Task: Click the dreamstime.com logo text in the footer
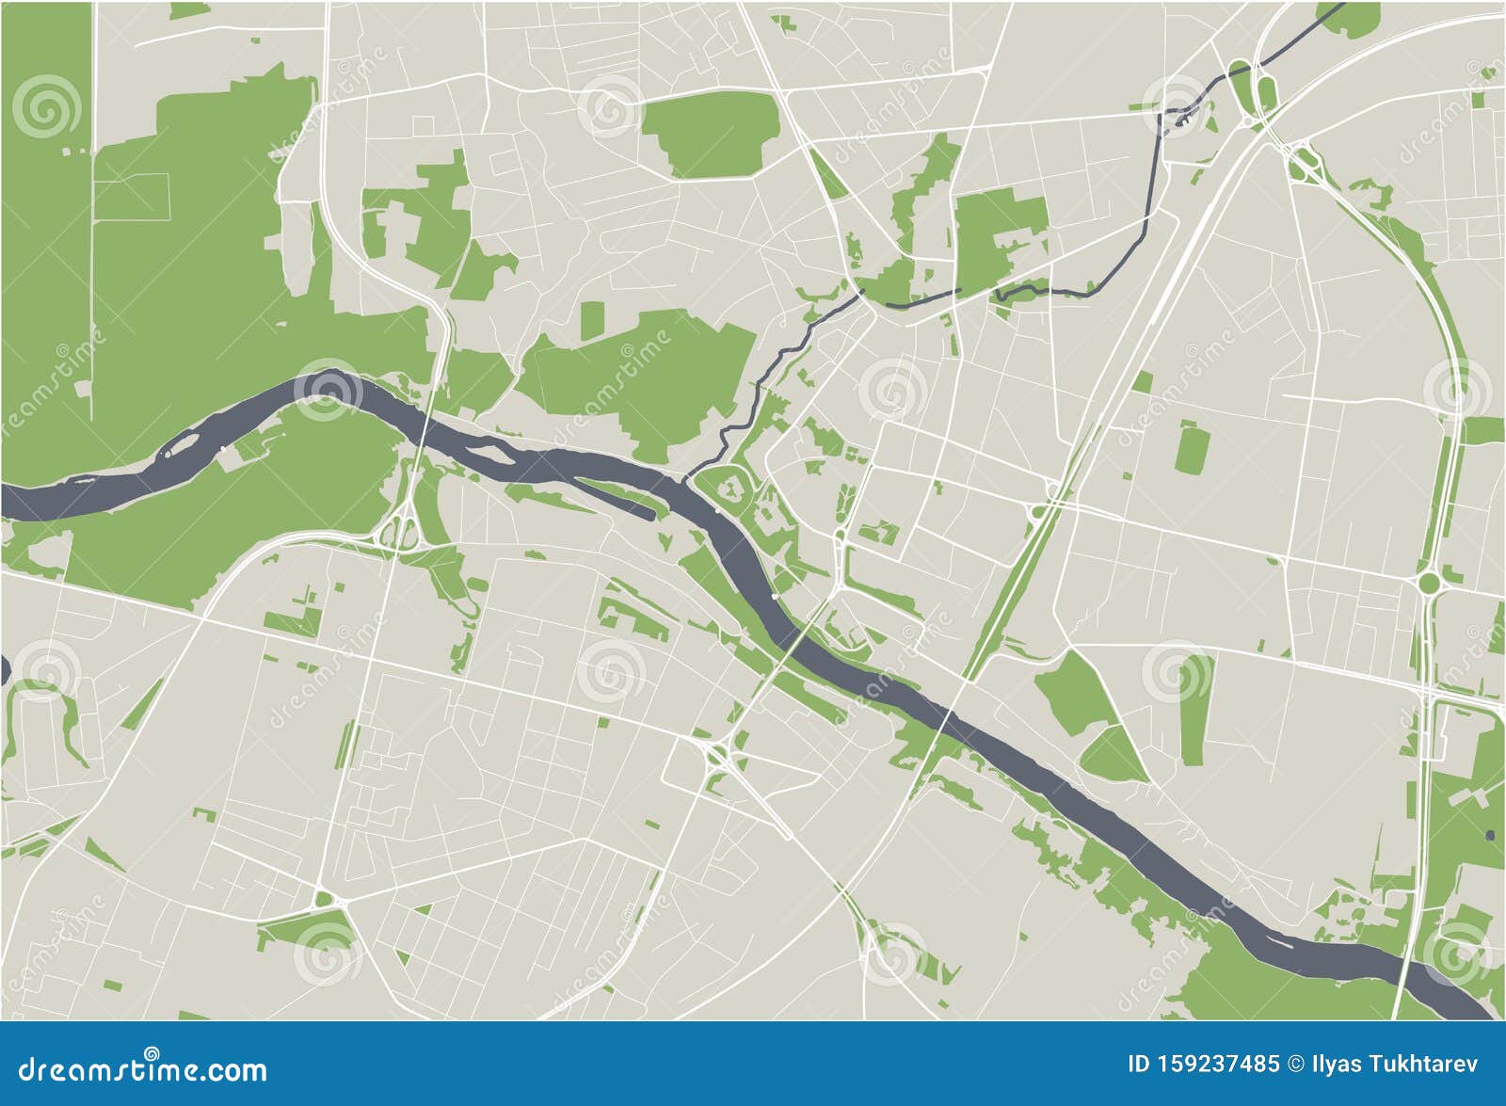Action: [143, 1070]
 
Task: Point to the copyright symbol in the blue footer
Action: [1295, 1065]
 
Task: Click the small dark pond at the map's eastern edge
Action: [1490, 834]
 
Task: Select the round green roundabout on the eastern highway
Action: [1430, 584]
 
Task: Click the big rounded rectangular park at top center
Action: [712, 136]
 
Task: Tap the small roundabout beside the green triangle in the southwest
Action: [326, 900]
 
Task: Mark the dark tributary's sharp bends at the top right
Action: [1177, 113]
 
